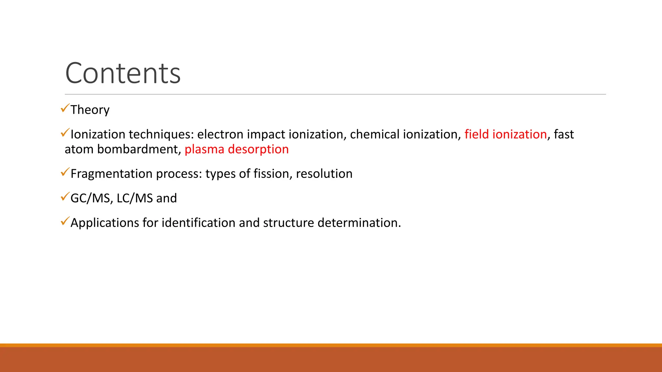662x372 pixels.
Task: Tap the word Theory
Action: click(90, 110)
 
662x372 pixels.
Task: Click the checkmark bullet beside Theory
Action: click(65, 108)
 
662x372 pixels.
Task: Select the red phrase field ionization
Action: click(506, 134)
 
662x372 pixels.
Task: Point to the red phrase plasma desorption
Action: click(237, 149)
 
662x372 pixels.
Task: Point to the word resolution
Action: click(324, 174)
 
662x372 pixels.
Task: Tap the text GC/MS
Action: click(90, 198)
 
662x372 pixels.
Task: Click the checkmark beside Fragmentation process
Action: click(65, 172)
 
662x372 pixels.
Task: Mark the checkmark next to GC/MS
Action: click(65, 197)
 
